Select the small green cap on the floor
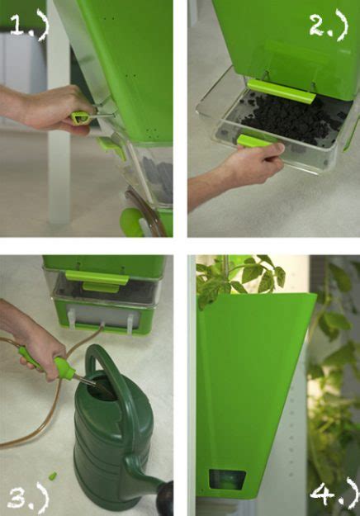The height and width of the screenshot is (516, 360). pyautogui.click(x=53, y=476)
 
